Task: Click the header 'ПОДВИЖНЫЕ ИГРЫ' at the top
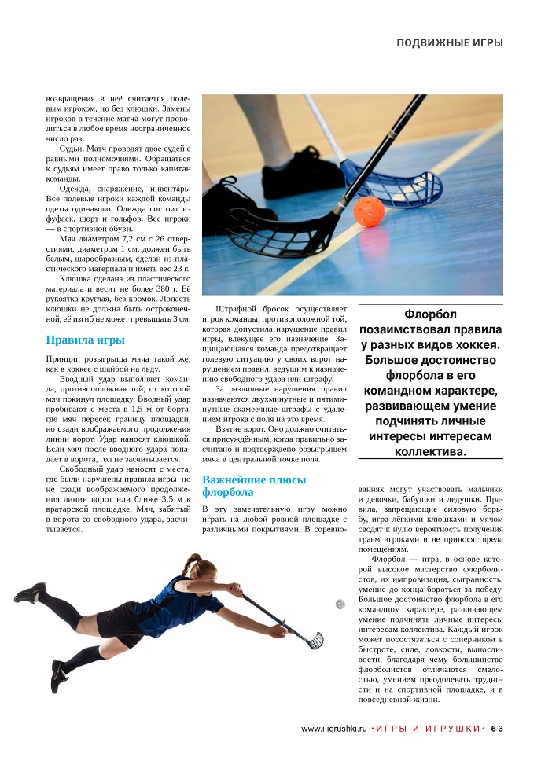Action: [x=449, y=42]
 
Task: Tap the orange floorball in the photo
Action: [x=368, y=211]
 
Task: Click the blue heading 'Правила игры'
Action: [x=86, y=340]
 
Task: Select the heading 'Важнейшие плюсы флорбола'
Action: [x=243, y=486]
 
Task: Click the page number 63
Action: [x=497, y=728]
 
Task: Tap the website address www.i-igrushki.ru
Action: [x=334, y=728]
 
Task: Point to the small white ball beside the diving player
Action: [x=340, y=604]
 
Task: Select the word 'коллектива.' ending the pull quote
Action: [x=431, y=451]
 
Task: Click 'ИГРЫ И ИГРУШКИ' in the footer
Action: [x=428, y=728]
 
